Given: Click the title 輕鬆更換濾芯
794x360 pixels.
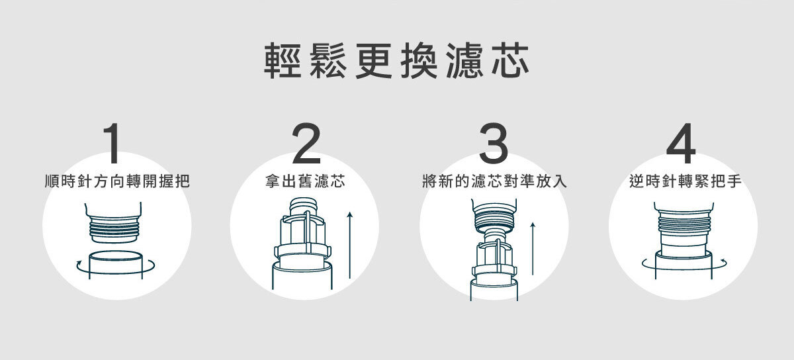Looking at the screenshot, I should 397,62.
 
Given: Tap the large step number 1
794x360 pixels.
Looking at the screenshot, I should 113,144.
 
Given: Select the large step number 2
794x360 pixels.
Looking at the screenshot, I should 305,144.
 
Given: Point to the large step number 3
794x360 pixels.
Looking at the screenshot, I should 494,144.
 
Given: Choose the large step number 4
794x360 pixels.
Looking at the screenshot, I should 681,144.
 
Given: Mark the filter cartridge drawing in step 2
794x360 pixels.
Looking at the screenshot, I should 302,245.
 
